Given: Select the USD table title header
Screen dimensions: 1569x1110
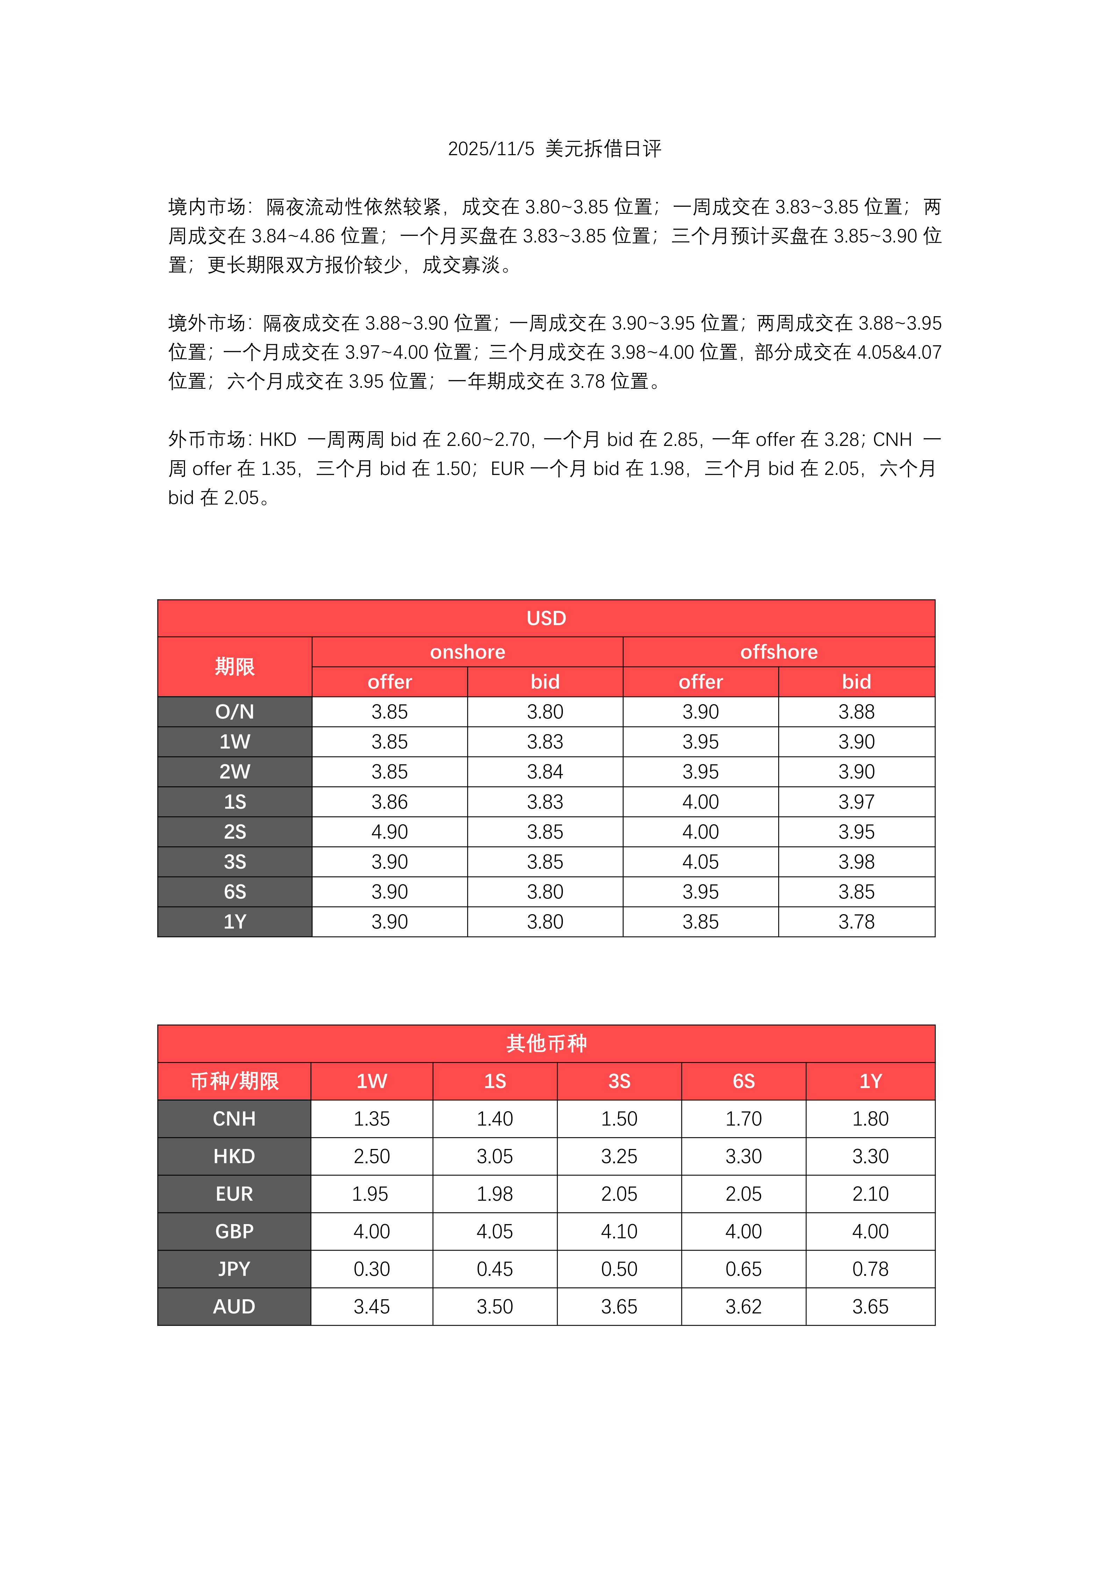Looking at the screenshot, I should [546, 619].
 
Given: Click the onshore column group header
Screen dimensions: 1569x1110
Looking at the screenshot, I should [467, 652].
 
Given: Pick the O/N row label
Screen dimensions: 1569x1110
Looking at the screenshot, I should [235, 712].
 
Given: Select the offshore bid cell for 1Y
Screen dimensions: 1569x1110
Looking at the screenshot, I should [857, 922].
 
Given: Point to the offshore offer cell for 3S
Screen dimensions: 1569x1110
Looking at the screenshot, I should [701, 862].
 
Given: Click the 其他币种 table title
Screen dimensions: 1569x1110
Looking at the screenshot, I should [546, 1043].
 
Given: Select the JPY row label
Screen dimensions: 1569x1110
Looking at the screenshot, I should [235, 1269].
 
